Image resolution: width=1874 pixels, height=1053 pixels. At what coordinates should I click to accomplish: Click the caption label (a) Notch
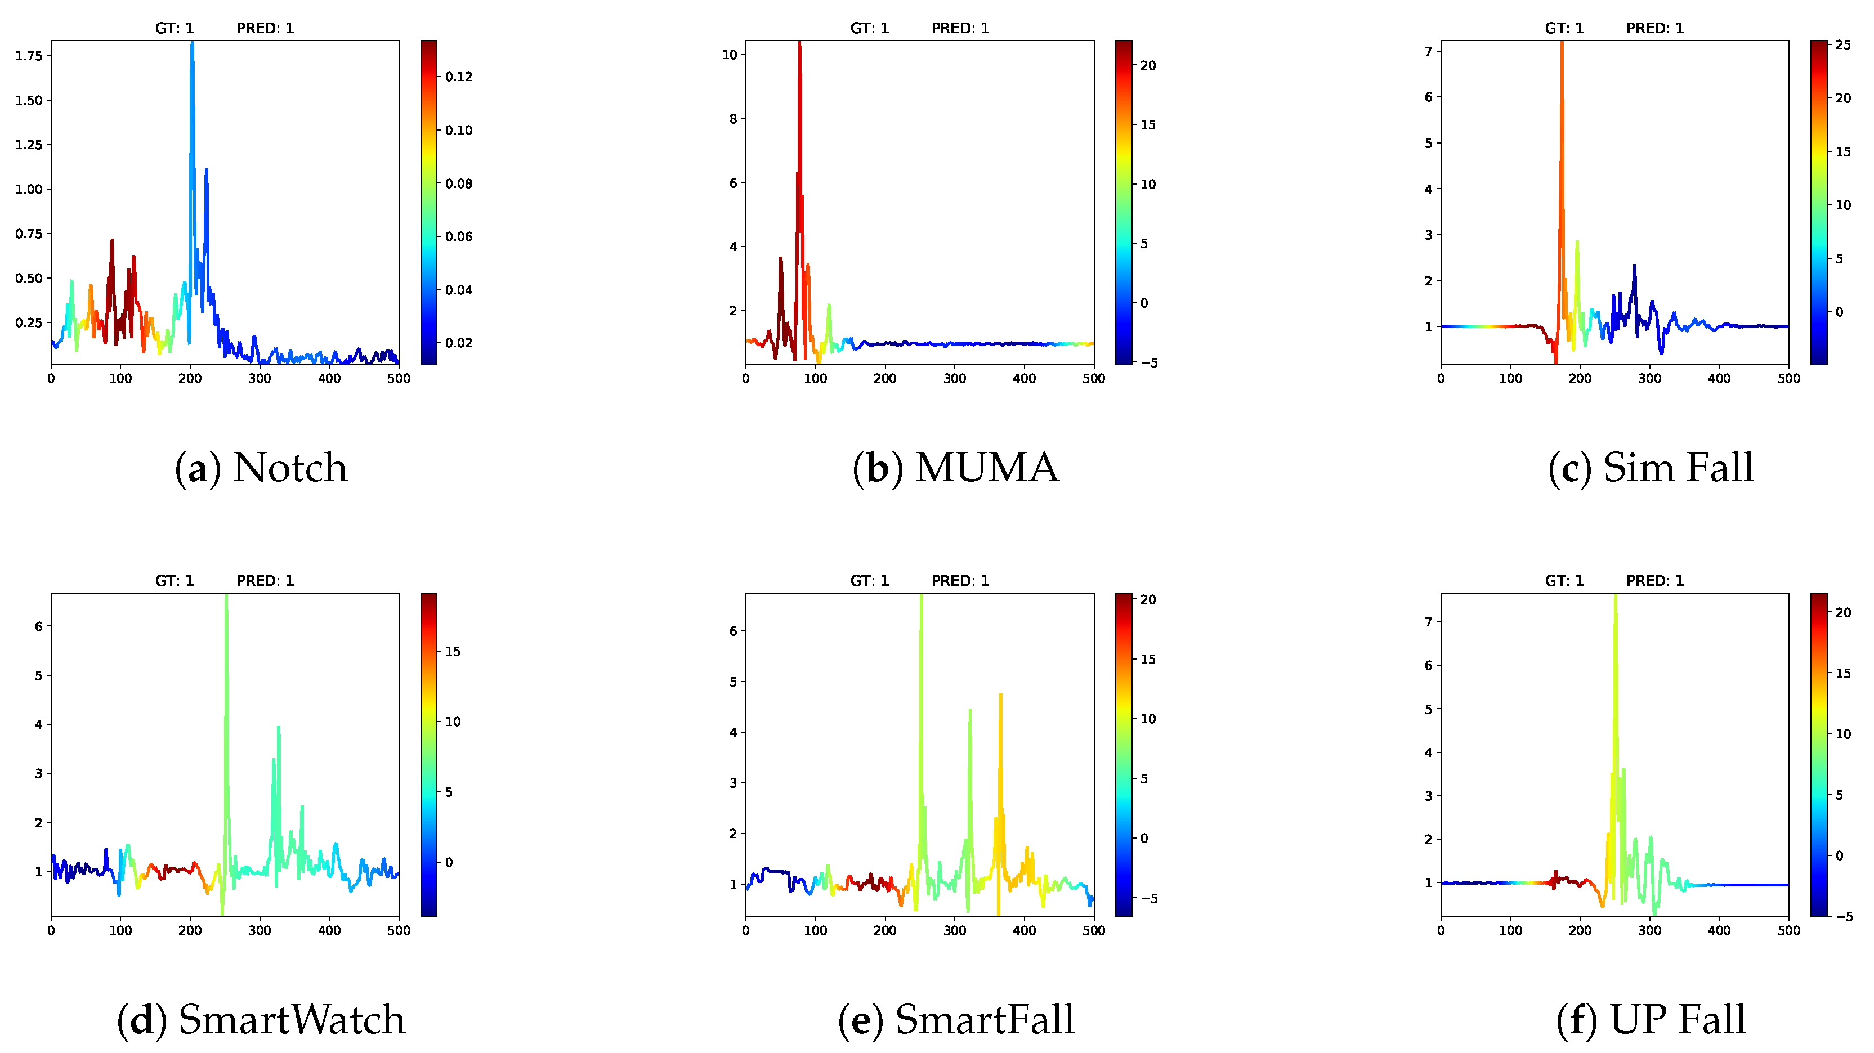pos(261,468)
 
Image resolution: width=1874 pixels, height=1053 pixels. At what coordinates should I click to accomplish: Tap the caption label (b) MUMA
pos(955,468)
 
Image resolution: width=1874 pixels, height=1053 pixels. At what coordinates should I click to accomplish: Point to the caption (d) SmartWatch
pos(261,1020)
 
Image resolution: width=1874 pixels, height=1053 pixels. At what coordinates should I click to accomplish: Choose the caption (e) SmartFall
pos(955,1020)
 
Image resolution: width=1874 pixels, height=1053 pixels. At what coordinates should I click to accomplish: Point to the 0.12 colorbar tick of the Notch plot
pos(458,77)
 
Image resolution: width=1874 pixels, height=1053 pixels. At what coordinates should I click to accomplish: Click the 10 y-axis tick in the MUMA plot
pos(730,55)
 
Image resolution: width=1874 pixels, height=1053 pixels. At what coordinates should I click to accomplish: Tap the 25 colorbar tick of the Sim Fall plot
pos(1842,45)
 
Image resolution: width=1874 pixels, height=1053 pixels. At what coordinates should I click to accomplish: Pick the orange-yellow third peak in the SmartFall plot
pos(1000,697)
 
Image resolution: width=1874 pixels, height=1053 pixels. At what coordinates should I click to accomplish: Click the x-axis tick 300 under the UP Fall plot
pos(1649,931)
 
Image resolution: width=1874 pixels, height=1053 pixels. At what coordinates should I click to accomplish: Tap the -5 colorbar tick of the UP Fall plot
pos(1844,916)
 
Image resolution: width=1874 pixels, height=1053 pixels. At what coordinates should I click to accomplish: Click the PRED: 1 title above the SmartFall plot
pos(960,581)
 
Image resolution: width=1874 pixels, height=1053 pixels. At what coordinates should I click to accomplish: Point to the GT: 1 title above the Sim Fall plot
pos(1563,28)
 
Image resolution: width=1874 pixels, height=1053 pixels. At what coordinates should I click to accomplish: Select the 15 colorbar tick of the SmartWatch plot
pos(453,652)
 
